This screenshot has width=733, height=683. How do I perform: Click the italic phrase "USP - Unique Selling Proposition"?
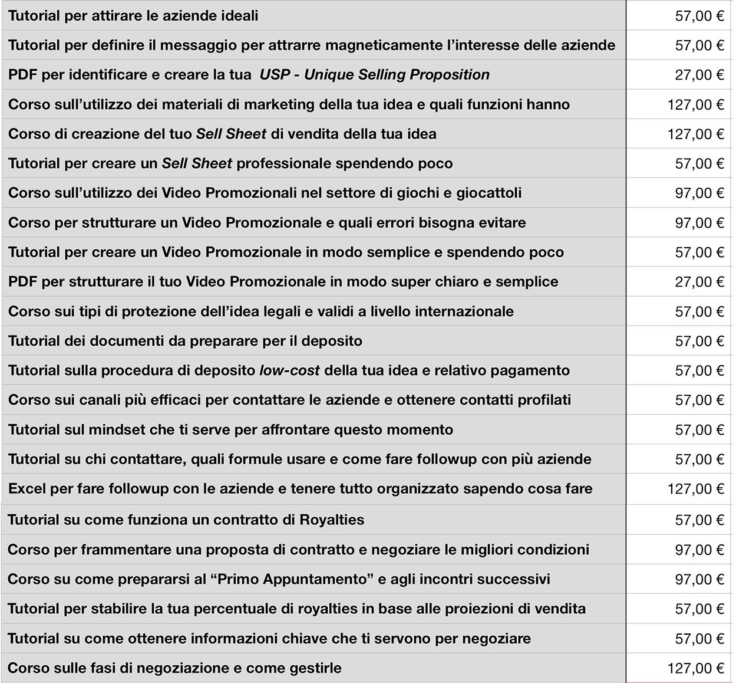pyautogui.click(x=375, y=75)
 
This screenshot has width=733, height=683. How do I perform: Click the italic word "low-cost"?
pyautogui.click(x=289, y=370)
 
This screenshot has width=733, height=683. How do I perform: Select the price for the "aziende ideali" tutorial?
pyautogui.click(x=699, y=16)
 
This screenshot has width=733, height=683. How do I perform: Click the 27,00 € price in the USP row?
pyautogui.click(x=699, y=75)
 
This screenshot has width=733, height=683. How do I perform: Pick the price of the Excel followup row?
pyautogui.click(x=695, y=489)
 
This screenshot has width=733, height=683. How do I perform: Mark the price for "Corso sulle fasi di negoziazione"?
pyautogui.click(x=695, y=668)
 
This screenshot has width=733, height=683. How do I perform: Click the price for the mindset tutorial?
pyautogui.click(x=699, y=430)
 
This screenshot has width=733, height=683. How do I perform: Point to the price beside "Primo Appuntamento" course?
pyautogui.click(x=699, y=580)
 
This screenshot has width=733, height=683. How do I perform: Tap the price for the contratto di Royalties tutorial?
pyautogui.click(x=699, y=520)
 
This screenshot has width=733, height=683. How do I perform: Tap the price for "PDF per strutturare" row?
pyautogui.click(x=699, y=282)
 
